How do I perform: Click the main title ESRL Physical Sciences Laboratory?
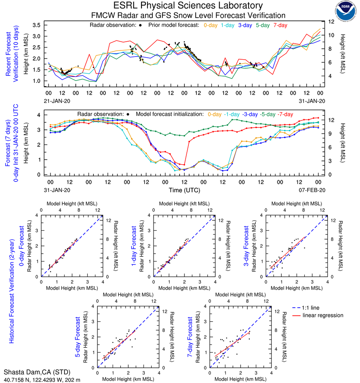click(x=188, y=6)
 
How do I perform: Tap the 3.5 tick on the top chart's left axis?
click(x=37, y=25)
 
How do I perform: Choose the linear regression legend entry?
click(x=323, y=315)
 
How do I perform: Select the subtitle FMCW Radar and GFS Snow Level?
click(x=188, y=15)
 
